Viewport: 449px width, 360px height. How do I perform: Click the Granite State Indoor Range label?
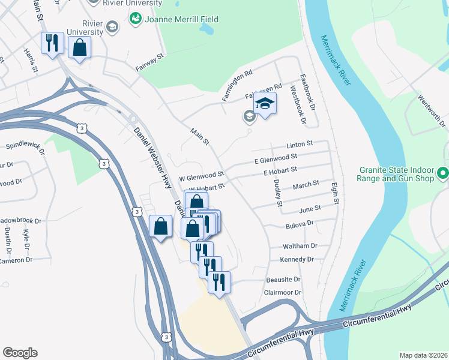point(396,174)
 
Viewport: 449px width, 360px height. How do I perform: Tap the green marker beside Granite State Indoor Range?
point(443,174)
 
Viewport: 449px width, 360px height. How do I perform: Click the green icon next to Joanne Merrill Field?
point(134,19)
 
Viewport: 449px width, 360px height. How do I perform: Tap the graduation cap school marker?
point(264,104)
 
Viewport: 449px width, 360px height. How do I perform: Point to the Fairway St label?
point(149,62)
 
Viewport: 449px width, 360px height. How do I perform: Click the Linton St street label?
point(300,145)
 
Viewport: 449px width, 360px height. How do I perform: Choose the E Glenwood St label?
point(276,158)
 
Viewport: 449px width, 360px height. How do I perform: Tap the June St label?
point(310,208)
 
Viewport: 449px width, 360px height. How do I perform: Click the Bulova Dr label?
point(301,223)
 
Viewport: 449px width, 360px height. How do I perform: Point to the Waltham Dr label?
point(301,246)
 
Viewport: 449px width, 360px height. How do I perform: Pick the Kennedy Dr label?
point(297,260)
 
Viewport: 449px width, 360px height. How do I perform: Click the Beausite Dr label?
point(283,280)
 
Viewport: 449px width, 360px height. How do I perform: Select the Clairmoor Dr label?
point(282,293)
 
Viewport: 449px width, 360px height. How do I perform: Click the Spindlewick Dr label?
point(25,146)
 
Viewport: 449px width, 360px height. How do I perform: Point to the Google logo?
point(20,353)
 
